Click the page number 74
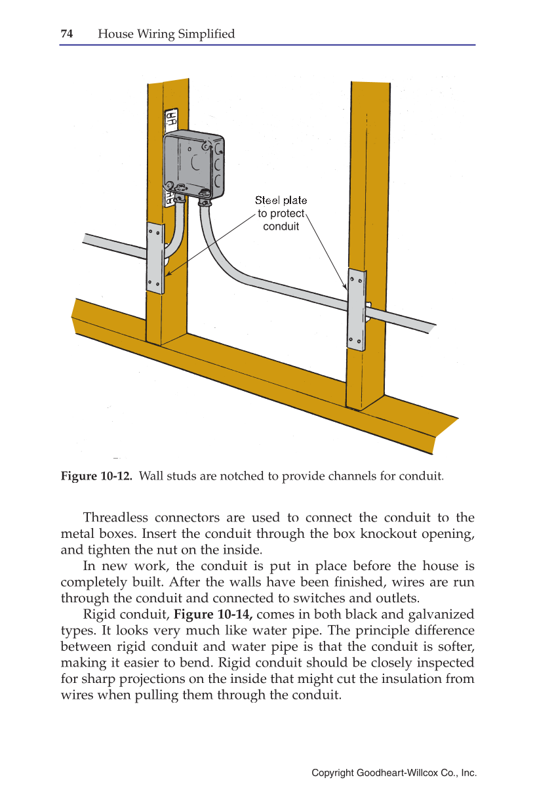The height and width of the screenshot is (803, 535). (66, 34)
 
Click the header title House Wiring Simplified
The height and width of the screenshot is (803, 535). (166, 34)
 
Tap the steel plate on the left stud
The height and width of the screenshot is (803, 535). (155, 257)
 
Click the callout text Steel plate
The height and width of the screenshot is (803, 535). (281, 200)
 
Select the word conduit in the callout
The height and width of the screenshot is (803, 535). (281, 226)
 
